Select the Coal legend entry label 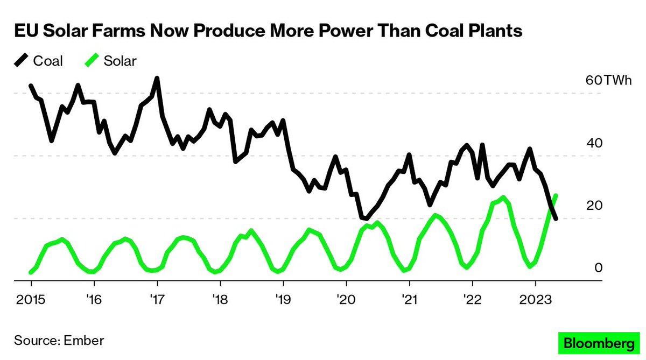(48, 61)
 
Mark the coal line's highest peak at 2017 (157, 79)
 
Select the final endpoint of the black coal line (556, 218)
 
